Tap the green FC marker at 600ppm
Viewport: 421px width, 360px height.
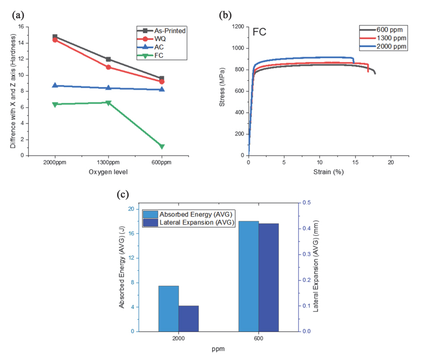(162, 146)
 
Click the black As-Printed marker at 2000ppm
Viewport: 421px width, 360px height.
(55, 37)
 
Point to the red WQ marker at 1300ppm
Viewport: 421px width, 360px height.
(108, 67)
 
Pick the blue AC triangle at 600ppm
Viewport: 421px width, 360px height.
(162, 89)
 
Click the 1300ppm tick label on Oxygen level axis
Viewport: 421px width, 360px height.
(108, 163)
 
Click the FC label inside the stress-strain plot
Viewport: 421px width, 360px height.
(260, 32)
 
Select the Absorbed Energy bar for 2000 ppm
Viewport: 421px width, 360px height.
(169, 308)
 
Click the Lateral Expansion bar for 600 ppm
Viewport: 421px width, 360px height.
(269, 277)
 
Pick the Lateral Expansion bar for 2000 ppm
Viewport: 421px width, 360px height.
(188, 318)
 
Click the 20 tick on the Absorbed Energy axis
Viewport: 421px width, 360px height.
(130, 209)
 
